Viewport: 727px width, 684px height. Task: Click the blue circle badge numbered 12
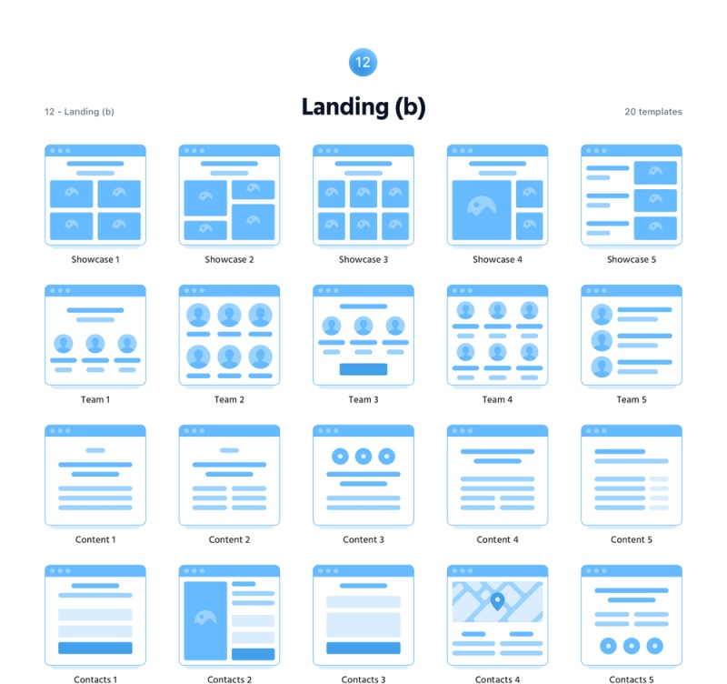(363, 63)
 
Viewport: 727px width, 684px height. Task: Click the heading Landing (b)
(363, 106)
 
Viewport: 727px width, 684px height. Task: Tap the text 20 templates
(652, 112)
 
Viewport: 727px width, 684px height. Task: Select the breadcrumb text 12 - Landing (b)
(79, 112)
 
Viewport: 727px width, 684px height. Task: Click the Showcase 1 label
(95, 259)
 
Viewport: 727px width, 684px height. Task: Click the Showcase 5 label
(631, 259)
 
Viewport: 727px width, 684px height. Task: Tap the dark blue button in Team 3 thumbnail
(363, 369)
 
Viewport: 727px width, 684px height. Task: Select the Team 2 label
(229, 399)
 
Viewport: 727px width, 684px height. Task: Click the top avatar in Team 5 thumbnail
(602, 315)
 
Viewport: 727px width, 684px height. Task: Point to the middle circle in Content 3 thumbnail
(363, 457)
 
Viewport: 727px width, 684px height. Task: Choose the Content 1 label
(95, 539)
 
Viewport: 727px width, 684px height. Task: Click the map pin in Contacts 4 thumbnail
(497, 600)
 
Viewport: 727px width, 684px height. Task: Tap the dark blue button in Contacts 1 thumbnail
(95, 648)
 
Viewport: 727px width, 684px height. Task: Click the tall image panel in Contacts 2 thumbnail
(205, 620)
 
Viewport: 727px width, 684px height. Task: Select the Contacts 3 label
(363, 679)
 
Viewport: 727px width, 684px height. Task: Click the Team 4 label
(497, 399)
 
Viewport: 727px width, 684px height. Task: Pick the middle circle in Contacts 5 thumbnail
(631, 646)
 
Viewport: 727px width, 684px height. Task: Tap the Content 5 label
(631, 539)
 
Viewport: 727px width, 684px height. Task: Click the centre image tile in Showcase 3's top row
(363, 193)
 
